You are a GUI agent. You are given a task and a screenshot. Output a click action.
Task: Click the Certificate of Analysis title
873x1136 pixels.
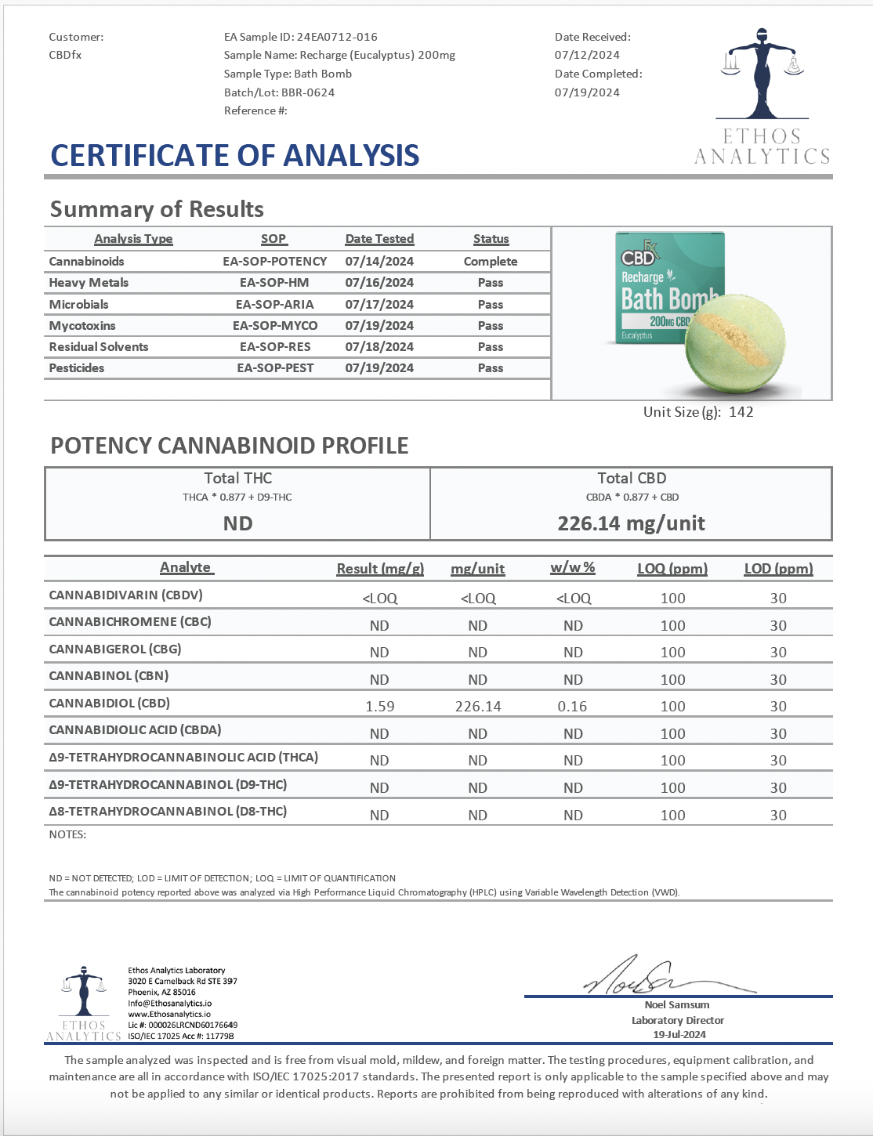[x=235, y=156]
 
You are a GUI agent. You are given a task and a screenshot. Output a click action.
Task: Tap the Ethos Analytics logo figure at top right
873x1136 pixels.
[x=761, y=74]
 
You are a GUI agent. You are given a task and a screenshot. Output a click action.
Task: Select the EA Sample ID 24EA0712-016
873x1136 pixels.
[x=337, y=37]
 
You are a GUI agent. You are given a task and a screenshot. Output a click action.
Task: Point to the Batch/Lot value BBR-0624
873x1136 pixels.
[x=308, y=92]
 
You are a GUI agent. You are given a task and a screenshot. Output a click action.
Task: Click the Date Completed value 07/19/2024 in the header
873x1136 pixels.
[x=587, y=92]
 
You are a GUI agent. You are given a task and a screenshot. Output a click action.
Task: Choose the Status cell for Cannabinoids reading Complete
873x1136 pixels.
[x=491, y=262]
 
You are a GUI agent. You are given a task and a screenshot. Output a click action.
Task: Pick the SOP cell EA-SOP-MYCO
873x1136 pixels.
[x=275, y=326]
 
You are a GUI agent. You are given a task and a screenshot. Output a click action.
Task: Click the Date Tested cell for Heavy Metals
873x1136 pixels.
[x=379, y=283]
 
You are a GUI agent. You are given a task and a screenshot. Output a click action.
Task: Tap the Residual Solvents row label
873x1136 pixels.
[x=99, y=347]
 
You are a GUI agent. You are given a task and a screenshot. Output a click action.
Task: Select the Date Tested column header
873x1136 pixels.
[x=379, y=239]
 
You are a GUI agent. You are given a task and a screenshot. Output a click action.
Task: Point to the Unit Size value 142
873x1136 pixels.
[x=741, y=412]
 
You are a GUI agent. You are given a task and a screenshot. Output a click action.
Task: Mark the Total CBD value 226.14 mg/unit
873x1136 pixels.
[x=631, y=523]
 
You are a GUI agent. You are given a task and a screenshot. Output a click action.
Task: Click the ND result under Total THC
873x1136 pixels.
[x=237, y=523]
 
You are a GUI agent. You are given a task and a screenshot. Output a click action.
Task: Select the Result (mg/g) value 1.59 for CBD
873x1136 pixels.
[x=380, y=707]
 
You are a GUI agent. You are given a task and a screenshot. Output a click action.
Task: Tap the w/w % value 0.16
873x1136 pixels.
[x=572, y=707]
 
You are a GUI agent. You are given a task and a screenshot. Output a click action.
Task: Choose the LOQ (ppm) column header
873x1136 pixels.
[x=672, y=569]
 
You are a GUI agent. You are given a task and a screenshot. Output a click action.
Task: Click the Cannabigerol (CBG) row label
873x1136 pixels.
[x=115, y=649]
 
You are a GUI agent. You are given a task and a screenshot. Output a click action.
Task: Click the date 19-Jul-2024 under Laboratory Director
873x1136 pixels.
[x=679, y=1035]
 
